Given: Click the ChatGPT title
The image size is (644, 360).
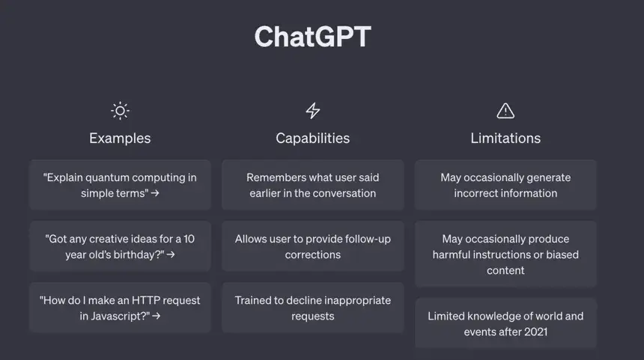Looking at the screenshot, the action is (312, 37).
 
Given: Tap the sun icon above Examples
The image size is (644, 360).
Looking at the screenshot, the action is (120, 111).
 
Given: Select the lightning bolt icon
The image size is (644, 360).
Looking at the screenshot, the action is (312, 111).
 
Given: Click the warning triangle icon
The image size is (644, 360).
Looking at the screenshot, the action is (505, 111).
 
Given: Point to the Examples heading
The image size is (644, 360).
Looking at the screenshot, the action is (120, 138).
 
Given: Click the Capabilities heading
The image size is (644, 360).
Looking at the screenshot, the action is (312, 138).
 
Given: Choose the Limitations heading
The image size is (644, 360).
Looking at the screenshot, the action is (505, 138).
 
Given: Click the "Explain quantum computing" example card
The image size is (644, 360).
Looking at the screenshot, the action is (120, 185).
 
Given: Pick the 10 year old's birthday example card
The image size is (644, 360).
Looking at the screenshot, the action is (120, 246).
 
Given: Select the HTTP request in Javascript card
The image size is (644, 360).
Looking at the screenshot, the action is (120, 308).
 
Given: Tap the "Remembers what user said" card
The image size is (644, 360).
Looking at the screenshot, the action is (312, 185).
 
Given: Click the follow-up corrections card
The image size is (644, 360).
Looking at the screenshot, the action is (312, 246).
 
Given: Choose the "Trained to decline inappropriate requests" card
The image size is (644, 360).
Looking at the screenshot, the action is (312, 308).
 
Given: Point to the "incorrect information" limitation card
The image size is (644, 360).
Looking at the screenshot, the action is (505, 185).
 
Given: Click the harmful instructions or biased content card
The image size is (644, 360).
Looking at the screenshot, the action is (505, 254).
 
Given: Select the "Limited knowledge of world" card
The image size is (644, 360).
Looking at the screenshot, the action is (505, 323).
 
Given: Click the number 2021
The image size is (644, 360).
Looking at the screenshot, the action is (535, 332).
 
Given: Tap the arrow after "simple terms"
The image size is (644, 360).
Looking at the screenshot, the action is (155, 193).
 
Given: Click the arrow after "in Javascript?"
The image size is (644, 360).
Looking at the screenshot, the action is (156, 316).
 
